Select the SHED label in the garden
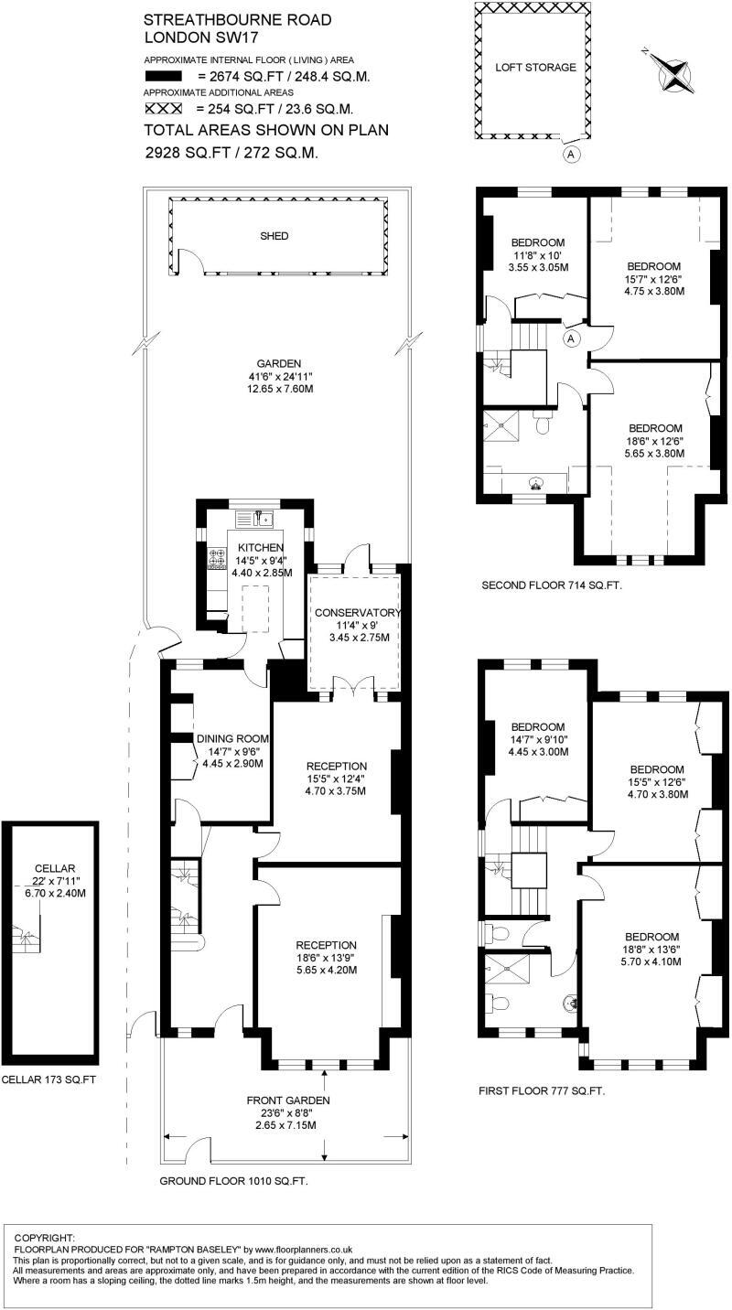pos(274,236)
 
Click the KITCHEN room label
pos(255,547)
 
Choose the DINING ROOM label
pos(231,738)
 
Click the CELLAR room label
pos(53,868)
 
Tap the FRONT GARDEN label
pos(287,1101)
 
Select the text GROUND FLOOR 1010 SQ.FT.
pos(233,1181)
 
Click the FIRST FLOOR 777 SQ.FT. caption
pos(542,1091)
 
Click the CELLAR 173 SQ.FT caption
pos(48,1079)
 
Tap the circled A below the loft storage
pos(571,154)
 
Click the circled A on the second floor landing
pos(571,338)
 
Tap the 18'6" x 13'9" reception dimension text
pos(326,958)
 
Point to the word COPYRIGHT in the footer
pos(45,1237)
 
